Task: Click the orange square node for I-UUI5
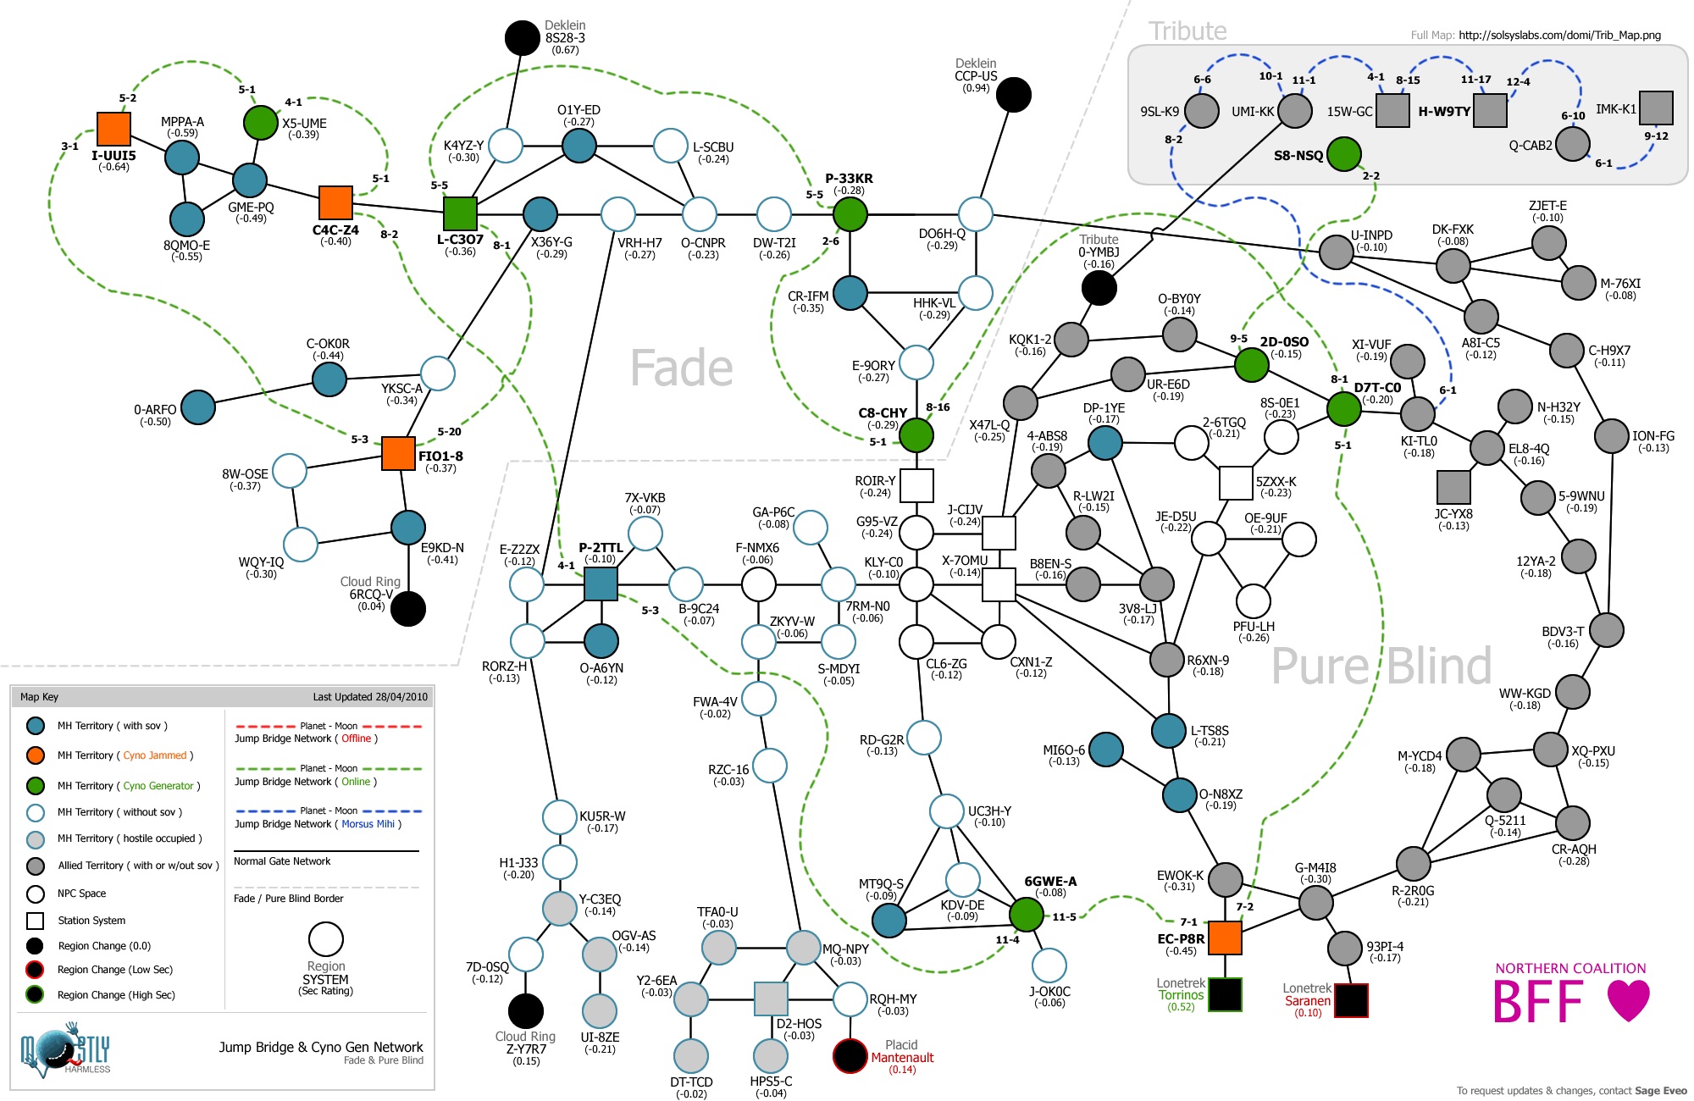[113, 129]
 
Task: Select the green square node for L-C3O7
[461, 213]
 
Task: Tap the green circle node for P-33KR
[850, 213]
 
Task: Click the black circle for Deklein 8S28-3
[523, 37]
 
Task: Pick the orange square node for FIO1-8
[398, 453]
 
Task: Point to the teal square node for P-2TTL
[601, 584]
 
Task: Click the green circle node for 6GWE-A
[1026, 914]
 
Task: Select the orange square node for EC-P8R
[1225, 938]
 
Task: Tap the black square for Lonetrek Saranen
[1351, 1000]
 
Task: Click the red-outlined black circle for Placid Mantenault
[850, 1055]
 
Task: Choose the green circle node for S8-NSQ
[1344, 154]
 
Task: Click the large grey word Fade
[682, 368]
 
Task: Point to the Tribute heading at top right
[1187, 31]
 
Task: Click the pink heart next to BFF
[1628, 1000]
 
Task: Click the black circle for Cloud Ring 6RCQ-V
[408, 608]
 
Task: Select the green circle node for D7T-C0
[1343, 409]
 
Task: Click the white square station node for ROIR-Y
[916, 485]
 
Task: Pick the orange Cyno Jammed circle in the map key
[36, 755]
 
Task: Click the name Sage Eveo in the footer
[1660, 1091]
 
